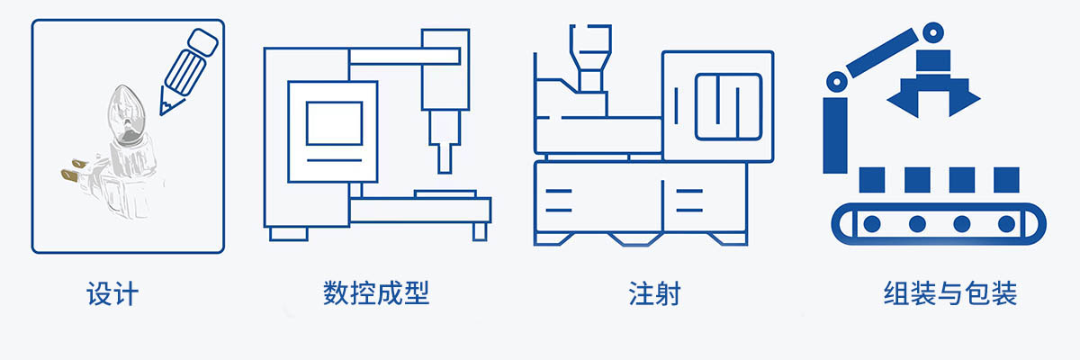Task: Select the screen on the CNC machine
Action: pyautogui.click(x=333, y=123)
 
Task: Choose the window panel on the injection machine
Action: pyautogui.click(x=728, y=104)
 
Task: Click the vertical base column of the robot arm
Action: pyautogui.click(x=835, y=135)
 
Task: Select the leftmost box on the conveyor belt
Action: pyautogui.click(x=871, y=179)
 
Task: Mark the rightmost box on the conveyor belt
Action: pyautogui.click(x=1006, y=179)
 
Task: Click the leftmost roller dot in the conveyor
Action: pyautogui.click(x=871, y=223)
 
